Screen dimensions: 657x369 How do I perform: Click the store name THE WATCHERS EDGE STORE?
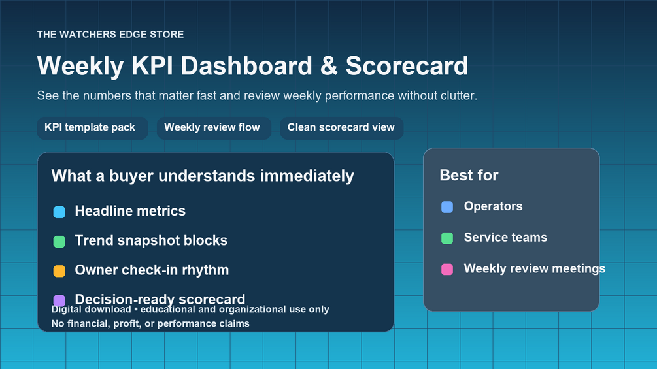(110, 35)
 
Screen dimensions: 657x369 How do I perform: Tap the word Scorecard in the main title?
(407, 66)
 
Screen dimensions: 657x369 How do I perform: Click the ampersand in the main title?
(329, 66)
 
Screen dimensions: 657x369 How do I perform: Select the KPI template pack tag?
(93, 127)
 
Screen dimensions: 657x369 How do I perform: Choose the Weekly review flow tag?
(214, 127)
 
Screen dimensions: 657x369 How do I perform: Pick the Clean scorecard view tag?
(341, 127)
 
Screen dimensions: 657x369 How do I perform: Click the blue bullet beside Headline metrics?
(59, 212)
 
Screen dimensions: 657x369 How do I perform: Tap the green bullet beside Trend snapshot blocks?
(59, 242)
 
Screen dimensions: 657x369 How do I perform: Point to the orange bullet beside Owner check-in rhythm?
(59, 271)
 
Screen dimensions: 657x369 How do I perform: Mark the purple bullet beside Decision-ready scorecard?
(59, 300)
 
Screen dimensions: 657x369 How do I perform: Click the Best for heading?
(469, 175)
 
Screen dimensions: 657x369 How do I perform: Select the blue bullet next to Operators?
(447, 206)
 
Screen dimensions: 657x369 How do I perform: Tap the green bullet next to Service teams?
(447, 238)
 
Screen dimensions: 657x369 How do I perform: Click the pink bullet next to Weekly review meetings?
(447, 269)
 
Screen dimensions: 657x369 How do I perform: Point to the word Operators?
(493, 206)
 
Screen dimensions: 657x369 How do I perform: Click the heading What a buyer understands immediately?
(203, 176)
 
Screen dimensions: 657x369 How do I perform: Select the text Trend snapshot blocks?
(151, 240)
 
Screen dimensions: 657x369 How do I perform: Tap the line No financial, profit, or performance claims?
(150, 323)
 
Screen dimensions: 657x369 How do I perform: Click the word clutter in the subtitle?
(458, 95)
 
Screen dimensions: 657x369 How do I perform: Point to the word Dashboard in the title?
(246, 66)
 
